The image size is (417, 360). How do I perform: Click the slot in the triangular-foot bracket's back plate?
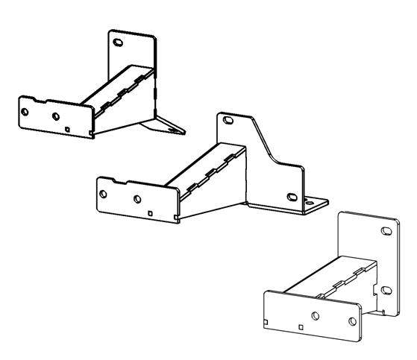pyautogui.click(x=117, y=42)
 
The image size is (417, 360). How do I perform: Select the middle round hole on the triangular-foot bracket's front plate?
pyautogui.click(x=55, y=116)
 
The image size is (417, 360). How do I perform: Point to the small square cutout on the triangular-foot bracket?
pyautogui.click(x=68, y=129)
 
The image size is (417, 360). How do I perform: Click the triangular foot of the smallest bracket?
pyautogui.click(x=168, y=124)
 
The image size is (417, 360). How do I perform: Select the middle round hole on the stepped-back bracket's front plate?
pyautogui.click(x=137, y=199)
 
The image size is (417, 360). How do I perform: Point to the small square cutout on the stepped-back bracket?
pyautogui.click(x=151, y=214)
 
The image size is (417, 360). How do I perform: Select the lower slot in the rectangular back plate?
pyautogui.click(x=385, y=288)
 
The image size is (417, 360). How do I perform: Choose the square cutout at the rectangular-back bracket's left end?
pyautogui.click(x=266, y=322)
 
